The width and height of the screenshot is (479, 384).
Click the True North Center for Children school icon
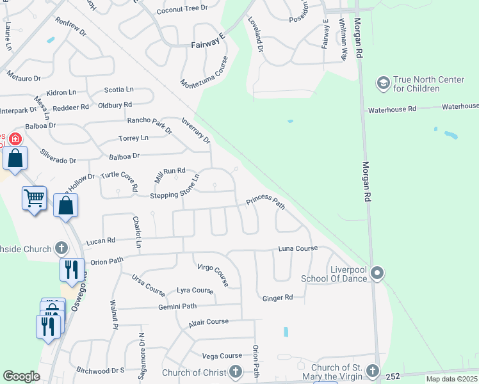(384, 83)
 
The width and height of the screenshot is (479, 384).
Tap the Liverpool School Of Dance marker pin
(378, 274)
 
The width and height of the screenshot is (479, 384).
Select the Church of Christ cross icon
(236, 372)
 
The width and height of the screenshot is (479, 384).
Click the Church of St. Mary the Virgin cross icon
(372, 372)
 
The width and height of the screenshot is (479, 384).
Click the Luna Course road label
(298, 248)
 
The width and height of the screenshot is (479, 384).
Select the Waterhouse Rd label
(392, 109)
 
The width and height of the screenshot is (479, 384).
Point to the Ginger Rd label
(277, 298)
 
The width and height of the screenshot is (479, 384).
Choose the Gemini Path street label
(177, 307)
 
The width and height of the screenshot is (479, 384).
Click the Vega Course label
(222, 356)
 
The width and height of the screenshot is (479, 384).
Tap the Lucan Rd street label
(101, 241)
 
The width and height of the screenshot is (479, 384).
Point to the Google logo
(22, 376)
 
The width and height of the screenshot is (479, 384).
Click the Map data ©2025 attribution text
(451, 379)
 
